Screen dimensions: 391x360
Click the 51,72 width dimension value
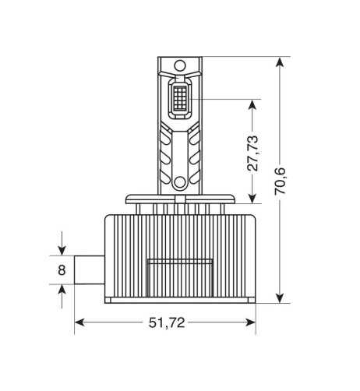pyautogui.click(x=166, y=323)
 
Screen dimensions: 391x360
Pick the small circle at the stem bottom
pyautogui.click(x=179, y=183)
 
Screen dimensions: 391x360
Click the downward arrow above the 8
pyautogui.click(x=62, y=251)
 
